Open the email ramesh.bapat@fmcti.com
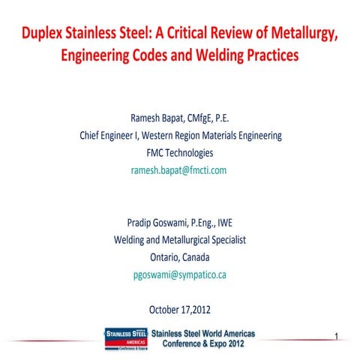180,170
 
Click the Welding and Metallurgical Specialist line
180,240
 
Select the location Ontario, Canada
180,257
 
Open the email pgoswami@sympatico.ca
180,274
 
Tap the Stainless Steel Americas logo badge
125,337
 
